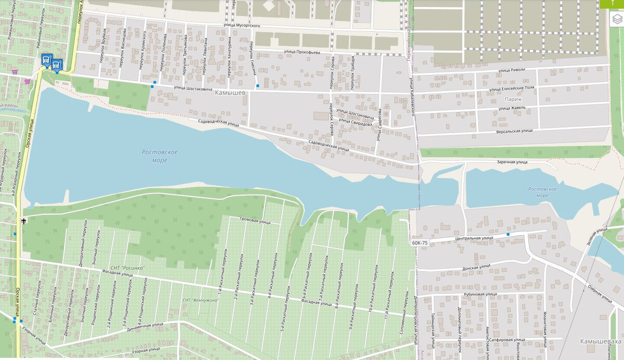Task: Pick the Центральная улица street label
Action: (475, 237)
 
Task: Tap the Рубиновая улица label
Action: (481, 294)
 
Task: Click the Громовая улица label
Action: (255, 221)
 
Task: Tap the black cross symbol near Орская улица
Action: (24, 221)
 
